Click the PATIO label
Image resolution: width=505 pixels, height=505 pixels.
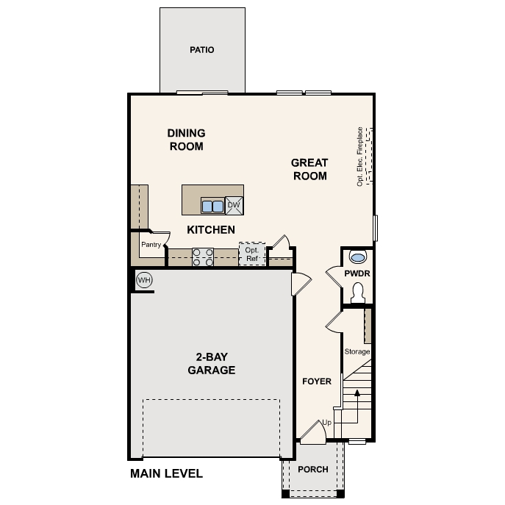click(201, 50)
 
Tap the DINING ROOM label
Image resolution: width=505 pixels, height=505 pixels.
click(186, 139)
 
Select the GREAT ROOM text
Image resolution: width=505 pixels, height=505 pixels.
click(309, 169)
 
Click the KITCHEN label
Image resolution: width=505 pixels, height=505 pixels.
click(211, 230)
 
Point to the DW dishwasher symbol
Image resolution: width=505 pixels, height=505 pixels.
click(234, 205)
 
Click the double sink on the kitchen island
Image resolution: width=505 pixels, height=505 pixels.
click(212, 205)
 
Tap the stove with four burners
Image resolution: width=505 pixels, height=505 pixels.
click(203, 257)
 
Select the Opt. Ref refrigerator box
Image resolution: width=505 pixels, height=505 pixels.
click(251, 254)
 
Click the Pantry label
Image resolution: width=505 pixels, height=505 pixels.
click(151, 246)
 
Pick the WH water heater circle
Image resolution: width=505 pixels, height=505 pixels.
click(144, 280)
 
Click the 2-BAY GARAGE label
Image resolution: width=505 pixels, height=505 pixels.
click(211, 364)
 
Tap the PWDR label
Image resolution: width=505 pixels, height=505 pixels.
click(357, 273)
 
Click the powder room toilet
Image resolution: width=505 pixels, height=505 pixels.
click(358, 293)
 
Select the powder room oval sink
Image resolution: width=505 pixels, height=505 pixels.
click(358, 257)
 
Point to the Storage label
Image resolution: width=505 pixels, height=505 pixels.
click(357, 351)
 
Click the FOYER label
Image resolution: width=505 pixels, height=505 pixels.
click(317, 382)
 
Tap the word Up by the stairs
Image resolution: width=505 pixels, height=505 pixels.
click(327, 423)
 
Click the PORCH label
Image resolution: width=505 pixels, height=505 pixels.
click(312, 470)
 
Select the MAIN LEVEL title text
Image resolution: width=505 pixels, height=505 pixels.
click(166, 473)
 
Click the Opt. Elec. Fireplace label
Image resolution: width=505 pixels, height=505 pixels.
click(360, 157)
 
